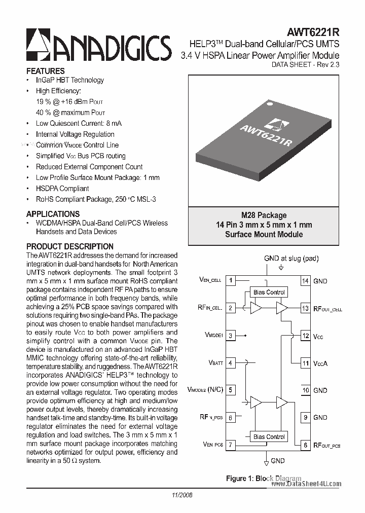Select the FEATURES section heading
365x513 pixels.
45,71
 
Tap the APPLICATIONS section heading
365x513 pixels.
53,214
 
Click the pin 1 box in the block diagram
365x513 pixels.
231,280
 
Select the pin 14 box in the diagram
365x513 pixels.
305,281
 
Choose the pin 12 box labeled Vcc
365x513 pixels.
305,336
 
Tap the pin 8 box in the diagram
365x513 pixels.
305,445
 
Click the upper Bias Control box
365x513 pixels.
269,292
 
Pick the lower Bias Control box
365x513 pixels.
269,436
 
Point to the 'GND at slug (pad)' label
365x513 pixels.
291,259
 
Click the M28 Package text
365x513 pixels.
264,215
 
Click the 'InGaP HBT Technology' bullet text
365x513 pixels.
69,80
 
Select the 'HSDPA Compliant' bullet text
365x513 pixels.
62,189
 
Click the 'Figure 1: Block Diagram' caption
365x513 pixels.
263,479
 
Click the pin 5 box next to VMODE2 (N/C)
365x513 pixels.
231,390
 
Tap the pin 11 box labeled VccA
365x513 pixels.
305,363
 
